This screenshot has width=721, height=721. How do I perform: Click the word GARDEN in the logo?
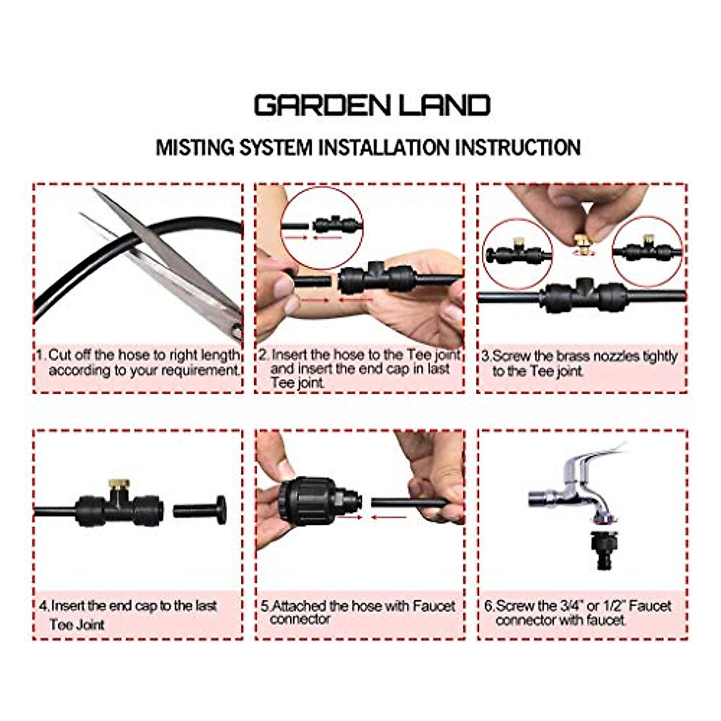pyautogui.click(x=316, y=106)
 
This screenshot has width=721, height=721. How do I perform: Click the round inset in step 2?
pyautogui.click(x=322, y=227)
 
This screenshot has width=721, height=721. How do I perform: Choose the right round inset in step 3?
pyautogui.click(x=648, y=251)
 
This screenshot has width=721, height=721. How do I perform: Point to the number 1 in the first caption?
pyautogui.click(x=40, y=354)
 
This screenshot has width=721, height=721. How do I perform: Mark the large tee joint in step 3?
pyautogui.click(x=583, y=296)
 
